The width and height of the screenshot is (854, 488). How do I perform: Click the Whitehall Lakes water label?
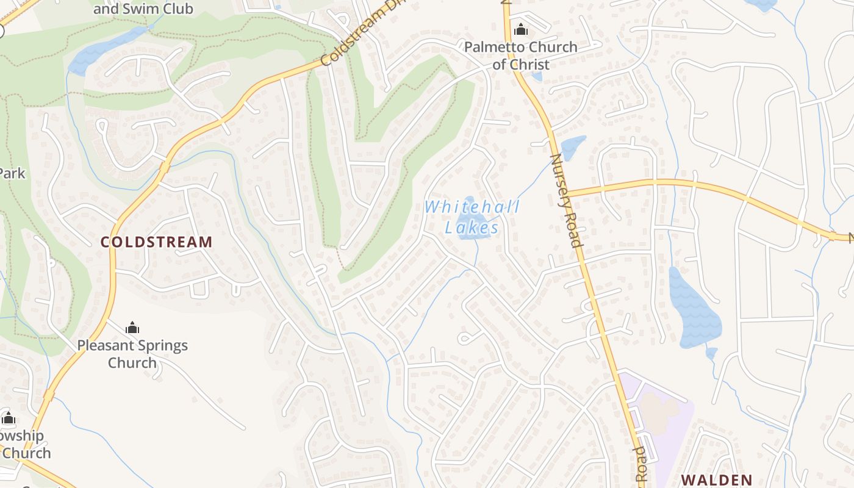tap(472, 217)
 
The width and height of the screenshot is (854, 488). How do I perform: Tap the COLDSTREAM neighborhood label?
tap(156, 242)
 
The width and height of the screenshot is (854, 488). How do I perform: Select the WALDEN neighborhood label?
tap(716, 479)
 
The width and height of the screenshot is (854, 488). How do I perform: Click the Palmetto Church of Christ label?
tap(520, 56)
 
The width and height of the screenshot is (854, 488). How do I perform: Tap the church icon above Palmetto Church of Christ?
tap(520, 29)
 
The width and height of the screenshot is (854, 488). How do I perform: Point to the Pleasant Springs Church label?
tap(132, 354)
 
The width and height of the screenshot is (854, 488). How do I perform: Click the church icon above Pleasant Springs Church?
tap(132, 328)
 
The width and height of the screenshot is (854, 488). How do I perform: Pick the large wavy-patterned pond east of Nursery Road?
tap(693, 309)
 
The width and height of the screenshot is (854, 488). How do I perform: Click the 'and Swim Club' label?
tap(143, 9)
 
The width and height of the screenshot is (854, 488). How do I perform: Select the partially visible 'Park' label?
tap(12, 173)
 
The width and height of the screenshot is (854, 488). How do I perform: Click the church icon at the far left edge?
tap(9, 418)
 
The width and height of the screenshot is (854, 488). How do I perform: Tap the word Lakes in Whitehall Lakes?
tap(472, 228)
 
